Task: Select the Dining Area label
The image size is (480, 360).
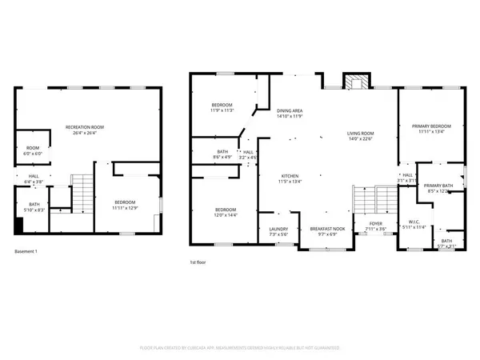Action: pyautogui.click(x=290, y=114)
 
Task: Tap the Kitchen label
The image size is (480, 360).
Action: pyautogui.click(x=290, y=178)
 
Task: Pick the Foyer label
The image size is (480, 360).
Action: pyautogui.click(x=374, y=226)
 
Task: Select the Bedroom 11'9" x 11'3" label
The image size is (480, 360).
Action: pyautogui.click(x=222, y=108)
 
